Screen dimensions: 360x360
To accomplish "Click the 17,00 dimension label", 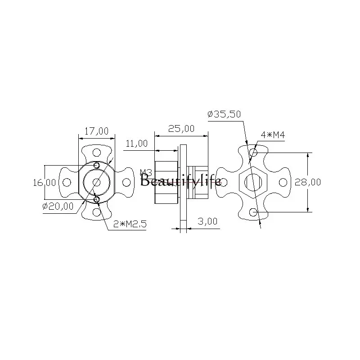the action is (96, 131).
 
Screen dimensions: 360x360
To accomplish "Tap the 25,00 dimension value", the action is (181, 129).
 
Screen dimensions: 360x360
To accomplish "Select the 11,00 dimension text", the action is (137, 144).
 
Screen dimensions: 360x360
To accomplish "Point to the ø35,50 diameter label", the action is (224, 114).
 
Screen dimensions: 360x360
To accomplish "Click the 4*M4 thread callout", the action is (273, 135).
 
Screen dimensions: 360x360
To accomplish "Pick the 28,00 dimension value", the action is (308, 182).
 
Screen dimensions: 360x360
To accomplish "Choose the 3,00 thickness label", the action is (207, 221).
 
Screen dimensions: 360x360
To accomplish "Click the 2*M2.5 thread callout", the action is (130, 224).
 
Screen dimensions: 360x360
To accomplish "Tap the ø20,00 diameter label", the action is (58, 206).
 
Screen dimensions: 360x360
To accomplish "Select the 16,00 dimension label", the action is (44, 183).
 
